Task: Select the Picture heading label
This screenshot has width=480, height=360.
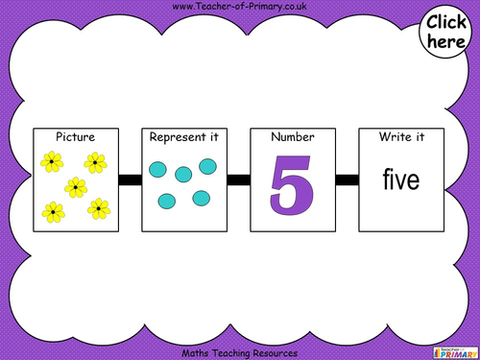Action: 75,137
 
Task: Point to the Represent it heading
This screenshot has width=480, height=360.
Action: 183,137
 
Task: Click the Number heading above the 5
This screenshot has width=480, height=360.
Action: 293,137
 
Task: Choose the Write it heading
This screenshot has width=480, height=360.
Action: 401,137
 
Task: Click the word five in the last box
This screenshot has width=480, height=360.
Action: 401,180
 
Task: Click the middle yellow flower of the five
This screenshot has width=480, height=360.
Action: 74,186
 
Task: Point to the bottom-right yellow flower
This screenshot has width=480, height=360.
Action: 97,206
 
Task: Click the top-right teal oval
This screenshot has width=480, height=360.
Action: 207,167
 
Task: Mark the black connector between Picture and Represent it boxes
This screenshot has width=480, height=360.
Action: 130,180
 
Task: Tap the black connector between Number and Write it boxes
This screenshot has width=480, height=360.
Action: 348,180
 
